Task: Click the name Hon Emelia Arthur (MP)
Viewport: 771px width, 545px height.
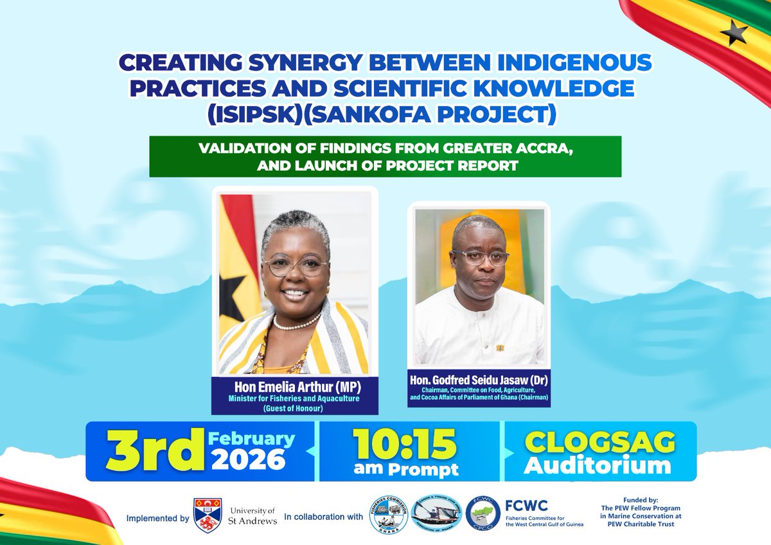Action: [295, 387]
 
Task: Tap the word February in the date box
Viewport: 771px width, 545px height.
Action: [251, 440]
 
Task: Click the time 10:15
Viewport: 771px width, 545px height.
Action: [404, 444]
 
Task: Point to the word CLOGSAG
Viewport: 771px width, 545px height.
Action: [600, 443]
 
